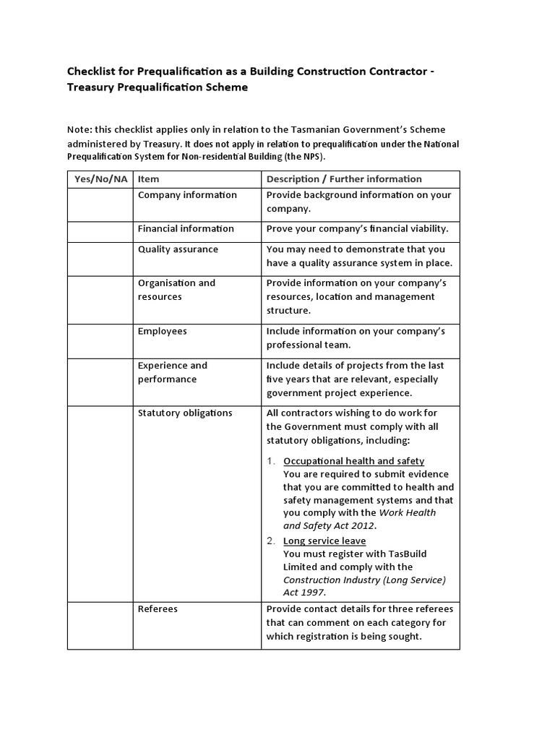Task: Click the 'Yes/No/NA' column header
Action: [100, 179]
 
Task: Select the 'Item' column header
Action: [149, 179]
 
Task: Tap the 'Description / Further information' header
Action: [344, 179]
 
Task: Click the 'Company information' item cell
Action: [187, 195]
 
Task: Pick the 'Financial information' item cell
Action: [186, 229]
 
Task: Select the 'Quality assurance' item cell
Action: [178, 249]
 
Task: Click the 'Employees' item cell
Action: [163, 331]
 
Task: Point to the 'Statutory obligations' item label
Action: [185, 413]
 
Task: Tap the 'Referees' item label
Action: [158, 609]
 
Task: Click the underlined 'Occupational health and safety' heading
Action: [353, 461]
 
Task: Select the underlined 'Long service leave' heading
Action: [324, 541]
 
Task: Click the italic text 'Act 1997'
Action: [304, 593]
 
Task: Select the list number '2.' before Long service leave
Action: [271, 541]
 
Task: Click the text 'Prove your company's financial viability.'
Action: [357, 229]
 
